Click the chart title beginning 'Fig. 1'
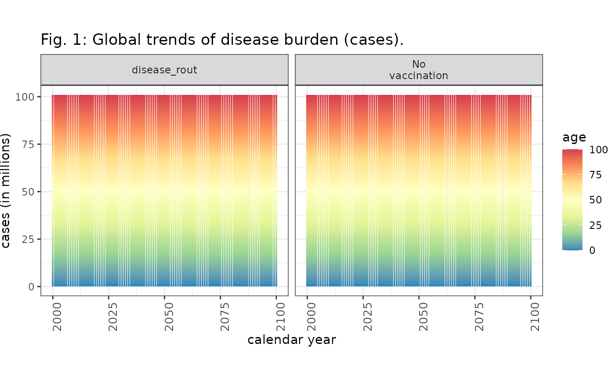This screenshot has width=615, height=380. click(222, 40)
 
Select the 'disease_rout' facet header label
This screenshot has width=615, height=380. click(164, 70)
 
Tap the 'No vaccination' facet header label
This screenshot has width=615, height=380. click(419, 70)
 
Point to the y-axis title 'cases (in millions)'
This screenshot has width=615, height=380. click(5, 191)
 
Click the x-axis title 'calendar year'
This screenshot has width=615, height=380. click(292, 340)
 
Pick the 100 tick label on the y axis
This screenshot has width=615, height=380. click(25, 97)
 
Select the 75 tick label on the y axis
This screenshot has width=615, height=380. click(28, 145)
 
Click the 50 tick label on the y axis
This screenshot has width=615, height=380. click(28, 192)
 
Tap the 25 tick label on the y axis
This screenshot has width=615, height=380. click(28, 239)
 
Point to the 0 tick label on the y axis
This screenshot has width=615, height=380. click(31, 287)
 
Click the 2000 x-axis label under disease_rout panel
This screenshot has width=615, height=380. click(57, 317)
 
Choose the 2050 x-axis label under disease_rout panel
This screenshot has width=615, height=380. click(169, 317)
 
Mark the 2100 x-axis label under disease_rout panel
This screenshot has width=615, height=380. click(281, 317)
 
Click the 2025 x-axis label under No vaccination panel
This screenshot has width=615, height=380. click(367, 317)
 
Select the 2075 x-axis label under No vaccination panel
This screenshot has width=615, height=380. click(479, 317)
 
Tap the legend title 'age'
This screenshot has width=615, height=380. click(574, 137)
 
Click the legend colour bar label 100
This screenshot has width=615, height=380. click(598, 150)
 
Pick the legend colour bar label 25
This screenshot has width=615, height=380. click(596, 225)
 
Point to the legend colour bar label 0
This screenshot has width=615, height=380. click(592, 250)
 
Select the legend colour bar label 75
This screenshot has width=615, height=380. click(596, 175)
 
